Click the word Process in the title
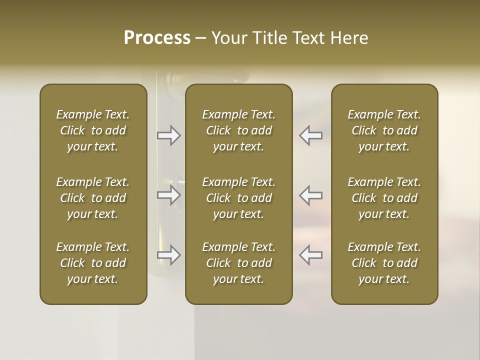pyautogui.click(x=157, y=38)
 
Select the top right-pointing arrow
pyautogui.click(x=169, y=135)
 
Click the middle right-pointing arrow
pyautogui.click(x=169, y=195)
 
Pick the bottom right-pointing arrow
pyautogui.click(x=169, y=255)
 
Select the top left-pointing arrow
pyautogui.click(x=310, y=135)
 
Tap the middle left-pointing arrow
pyautogui.click(x=310, y=195)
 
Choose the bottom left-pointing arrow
pyautogui.click(x=310, y=255)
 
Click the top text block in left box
pyautogui.click(x=93, y=130)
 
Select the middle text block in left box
pyautogui.click(x=93, y=198)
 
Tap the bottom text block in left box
pyautogui.click(x=93, y=263)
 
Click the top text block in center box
pyautogui.click(x=238, y=130)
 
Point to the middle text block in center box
pyautogui.click(x=238, y=198)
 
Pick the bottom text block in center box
pyautogui.click(x=238, y=263)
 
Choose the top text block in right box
pyautogui.click(x=384, y=130)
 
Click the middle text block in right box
pyautogui.click(x=384, y=198)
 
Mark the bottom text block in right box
pyautogui.click(x=384, y=263)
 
